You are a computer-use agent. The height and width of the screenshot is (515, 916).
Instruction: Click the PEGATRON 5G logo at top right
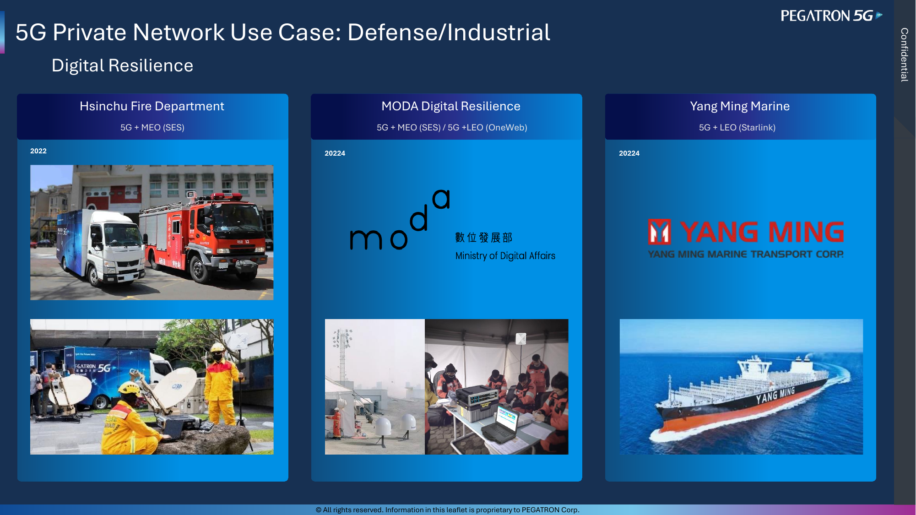(831, 16)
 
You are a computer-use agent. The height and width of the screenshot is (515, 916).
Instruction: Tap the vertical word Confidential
(905, 54)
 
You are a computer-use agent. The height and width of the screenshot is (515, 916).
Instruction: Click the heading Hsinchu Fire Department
(152, 106)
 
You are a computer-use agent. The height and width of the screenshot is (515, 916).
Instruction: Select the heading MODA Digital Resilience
(451, 106)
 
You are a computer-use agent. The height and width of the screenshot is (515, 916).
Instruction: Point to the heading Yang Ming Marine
(740, 106)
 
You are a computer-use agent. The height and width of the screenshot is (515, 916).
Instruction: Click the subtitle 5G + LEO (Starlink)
(737, 127)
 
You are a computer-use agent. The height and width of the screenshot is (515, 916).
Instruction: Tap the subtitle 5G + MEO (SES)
(152, 127)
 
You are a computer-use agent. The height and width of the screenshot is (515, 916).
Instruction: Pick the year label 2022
(38, 151)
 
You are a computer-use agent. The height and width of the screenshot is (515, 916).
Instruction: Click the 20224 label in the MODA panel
(335, 153)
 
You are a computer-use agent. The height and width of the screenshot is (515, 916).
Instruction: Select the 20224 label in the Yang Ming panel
(629, 153)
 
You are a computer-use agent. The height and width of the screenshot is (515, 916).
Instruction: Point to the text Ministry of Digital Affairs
(505, 256)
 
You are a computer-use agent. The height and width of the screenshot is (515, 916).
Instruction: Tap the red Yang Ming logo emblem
(659, 232)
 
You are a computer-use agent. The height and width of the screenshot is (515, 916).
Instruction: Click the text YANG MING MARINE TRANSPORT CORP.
(746, 254)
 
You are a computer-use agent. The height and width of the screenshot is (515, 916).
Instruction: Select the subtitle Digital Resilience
(122, 65)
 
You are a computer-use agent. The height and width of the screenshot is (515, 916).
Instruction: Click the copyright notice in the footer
(447, 510)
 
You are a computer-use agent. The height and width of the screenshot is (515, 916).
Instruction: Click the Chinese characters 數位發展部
(483, 238)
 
